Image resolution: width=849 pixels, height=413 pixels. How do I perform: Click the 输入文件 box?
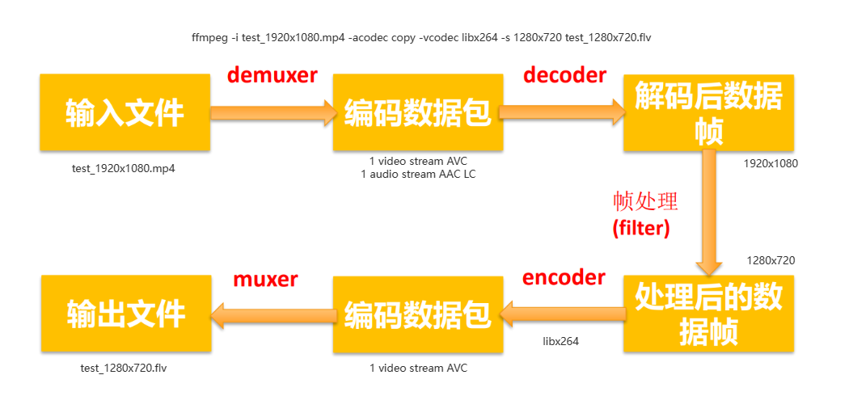click(125, 112)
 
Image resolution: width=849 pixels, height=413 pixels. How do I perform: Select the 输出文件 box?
click(125, 314)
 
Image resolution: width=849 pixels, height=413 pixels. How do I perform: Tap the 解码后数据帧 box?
click(708, 113)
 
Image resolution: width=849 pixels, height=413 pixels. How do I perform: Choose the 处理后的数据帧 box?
click(708, 314)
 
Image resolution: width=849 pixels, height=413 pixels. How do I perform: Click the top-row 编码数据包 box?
click(417, 112)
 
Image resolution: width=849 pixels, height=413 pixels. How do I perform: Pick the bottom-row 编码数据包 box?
click(417, 314)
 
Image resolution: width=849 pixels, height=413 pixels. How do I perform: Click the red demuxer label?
click(272, 75)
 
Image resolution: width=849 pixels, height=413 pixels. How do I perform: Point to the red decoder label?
click(564, 75)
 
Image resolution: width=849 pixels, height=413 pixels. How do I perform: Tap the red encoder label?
click(564, 277)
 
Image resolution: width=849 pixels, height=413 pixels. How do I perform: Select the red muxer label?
click(265, 279)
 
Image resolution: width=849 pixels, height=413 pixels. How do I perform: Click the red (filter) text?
click(641, 228)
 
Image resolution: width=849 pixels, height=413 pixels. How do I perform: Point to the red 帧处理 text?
click(645, 201)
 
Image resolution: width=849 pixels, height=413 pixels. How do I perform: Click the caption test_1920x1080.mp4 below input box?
click(124, 169)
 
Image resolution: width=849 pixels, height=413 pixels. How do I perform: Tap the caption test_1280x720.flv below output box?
click(124, 368)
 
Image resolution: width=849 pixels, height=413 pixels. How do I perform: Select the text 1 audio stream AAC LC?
click(418, 174)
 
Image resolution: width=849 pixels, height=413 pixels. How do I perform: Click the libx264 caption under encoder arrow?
click(560, 341)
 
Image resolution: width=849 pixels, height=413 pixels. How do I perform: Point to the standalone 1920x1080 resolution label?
click(771, 163)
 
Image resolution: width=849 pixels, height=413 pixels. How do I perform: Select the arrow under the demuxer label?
click(272, 112)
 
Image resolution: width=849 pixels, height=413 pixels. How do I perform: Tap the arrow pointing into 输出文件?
click(272, 314)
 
